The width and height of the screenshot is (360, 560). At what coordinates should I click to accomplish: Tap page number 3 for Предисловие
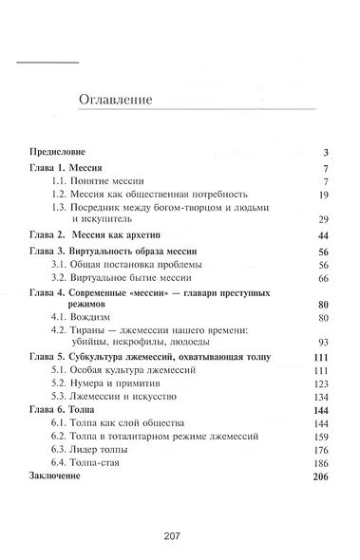tap(324, 151)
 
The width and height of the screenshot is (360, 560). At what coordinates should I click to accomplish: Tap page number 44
tap(322, 233)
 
